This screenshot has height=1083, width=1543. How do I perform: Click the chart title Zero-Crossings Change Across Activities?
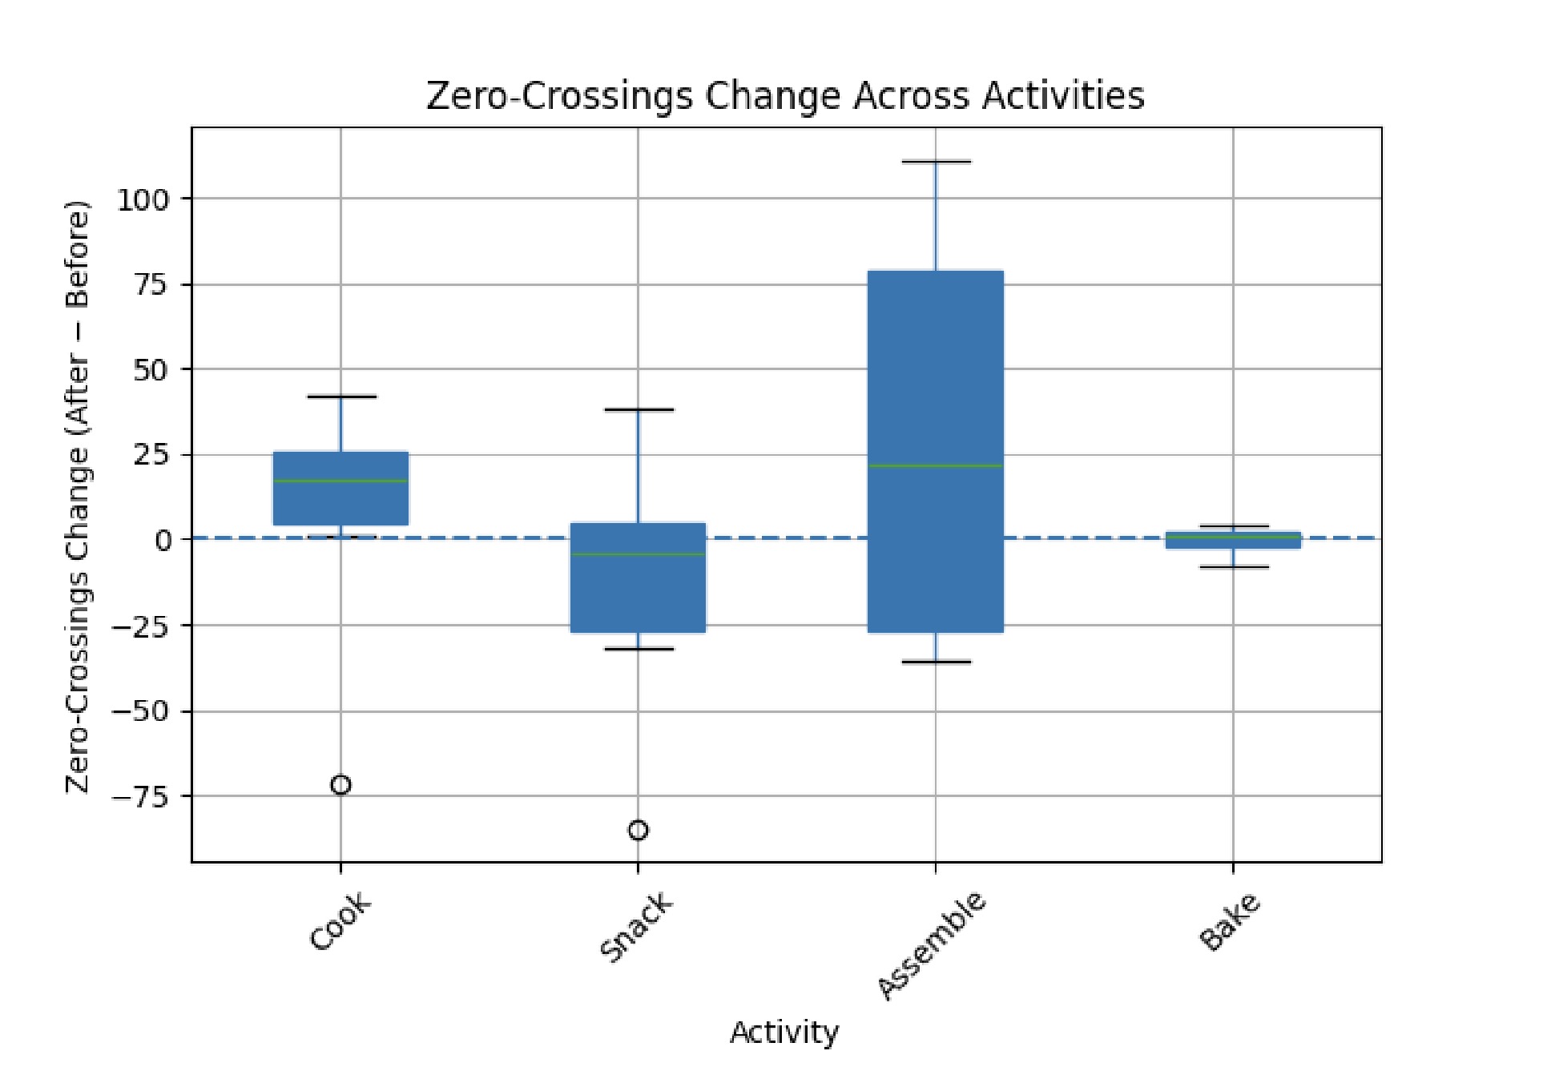784,96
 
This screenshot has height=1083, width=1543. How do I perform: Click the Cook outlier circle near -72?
340,785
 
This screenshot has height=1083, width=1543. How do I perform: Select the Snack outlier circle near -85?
638,831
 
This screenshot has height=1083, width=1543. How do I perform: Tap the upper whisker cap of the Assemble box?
936,162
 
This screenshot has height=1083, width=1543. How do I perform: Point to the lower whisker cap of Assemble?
936,662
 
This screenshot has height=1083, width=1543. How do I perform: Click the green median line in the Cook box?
340,481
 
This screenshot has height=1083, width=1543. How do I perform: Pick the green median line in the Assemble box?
936,465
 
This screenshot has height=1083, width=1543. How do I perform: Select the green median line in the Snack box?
638,554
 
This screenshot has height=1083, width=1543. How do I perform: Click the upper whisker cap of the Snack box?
639,409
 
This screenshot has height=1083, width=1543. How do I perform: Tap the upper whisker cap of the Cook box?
341,397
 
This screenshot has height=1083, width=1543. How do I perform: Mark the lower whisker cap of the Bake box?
1233,567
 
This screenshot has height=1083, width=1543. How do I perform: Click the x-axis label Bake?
1230,922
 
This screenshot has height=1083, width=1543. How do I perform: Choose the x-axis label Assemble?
931,945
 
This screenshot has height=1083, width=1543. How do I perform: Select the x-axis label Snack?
636,927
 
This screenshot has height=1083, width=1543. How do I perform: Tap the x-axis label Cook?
340,922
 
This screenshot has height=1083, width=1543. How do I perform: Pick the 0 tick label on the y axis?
163,541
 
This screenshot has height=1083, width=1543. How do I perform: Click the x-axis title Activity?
784,1032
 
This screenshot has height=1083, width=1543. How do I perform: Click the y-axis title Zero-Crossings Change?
78,497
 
